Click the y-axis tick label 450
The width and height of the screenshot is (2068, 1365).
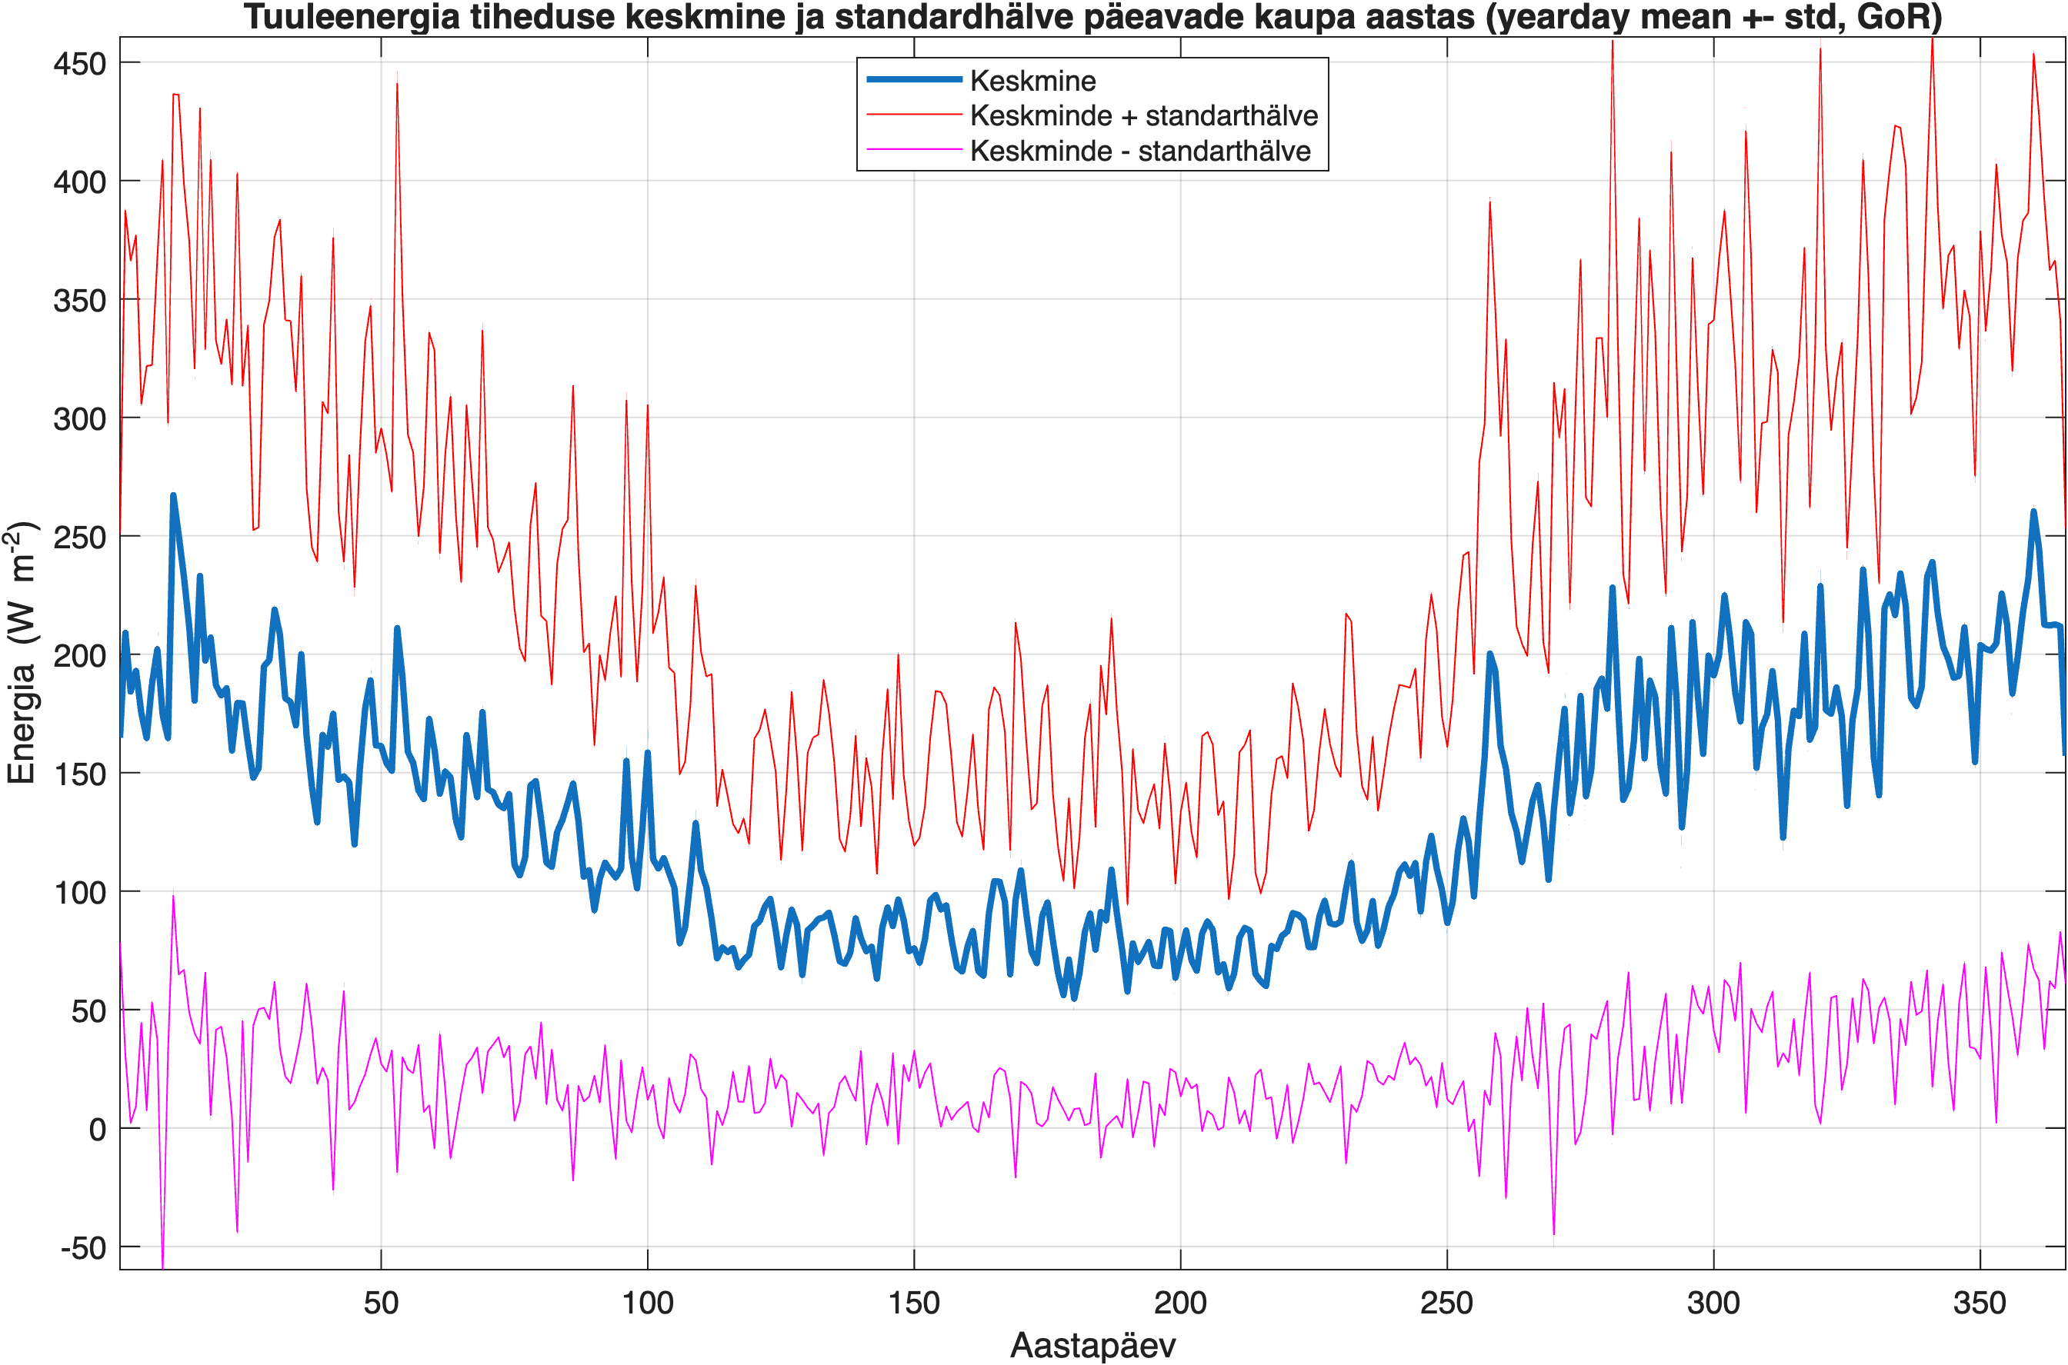79,64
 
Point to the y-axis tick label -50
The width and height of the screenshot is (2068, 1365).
83,1247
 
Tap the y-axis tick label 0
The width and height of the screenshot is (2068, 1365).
98,1129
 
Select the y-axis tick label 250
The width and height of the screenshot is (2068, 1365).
79,537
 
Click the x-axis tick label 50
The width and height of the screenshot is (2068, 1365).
381,1303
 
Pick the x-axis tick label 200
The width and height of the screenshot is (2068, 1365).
1180,1303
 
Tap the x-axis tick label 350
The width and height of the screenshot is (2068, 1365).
1980,1303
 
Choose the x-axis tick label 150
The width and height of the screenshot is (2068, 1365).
913,1303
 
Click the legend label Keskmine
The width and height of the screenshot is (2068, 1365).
1032,81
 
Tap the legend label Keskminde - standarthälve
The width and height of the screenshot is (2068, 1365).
1140,151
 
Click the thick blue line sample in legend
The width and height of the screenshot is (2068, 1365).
913,79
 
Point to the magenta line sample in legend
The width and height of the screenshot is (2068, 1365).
913,150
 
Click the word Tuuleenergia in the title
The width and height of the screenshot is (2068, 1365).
351,17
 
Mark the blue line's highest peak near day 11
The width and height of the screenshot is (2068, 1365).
172,495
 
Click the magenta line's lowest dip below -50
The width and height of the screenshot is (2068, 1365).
162,1267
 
